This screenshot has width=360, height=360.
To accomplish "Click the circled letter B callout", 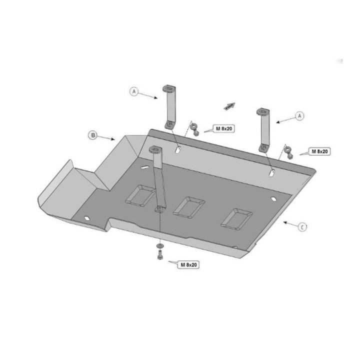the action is (93, 135).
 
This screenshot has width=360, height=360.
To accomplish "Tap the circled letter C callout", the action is (302, 227).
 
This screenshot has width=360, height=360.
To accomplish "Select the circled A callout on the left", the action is (134, 92).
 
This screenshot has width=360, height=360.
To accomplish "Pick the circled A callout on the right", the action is (299, 116).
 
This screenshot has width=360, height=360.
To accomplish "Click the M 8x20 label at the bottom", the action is (188, 264).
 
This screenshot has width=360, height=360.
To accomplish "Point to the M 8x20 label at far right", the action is (319, 151).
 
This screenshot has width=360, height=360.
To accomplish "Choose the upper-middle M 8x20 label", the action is (224, 129).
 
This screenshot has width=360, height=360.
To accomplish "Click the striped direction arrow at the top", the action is (229, 106).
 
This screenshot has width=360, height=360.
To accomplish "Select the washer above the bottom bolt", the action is (159, 246).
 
